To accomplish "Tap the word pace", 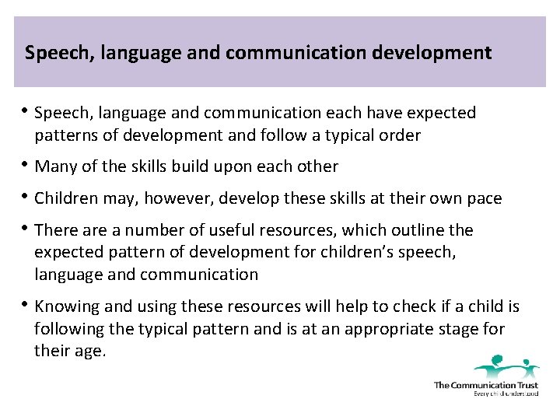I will (483, 198).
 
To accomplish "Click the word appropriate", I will (378, 329).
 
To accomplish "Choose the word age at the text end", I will (90, 352).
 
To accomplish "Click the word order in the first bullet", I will (398, 135).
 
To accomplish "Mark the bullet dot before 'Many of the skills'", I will (27, 166).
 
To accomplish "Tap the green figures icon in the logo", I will (506, 366).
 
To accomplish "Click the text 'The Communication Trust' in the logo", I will (486, 384).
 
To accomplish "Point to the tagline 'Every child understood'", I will (506, 394).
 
